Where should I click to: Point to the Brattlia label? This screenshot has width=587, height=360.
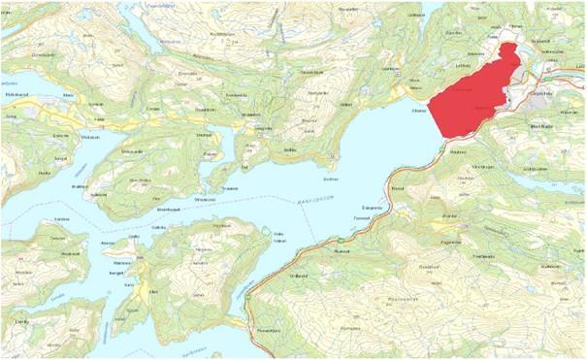point(80,180)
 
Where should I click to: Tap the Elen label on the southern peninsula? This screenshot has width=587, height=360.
point(152,289)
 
